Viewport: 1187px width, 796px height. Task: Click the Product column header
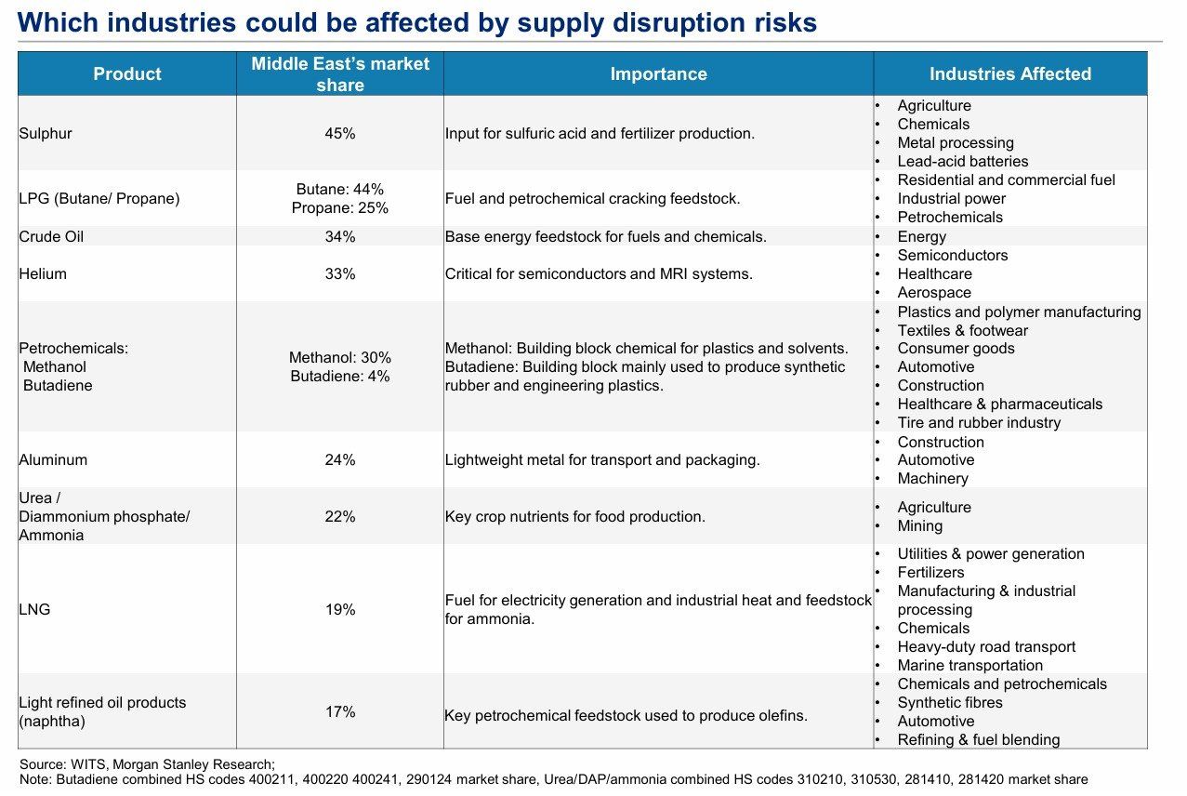tap(127, 74)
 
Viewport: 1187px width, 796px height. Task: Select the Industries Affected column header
tap(1010, 74)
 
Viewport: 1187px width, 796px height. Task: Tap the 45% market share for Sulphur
tap(340, 134)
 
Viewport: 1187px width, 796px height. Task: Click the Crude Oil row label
tap(51, 237)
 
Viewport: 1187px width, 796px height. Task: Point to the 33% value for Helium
tap(340, 274)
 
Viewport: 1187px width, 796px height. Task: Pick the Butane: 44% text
tap(340, 190)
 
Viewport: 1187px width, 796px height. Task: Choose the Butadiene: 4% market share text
tap(340, 377)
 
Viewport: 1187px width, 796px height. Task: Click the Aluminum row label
tap(53, 460)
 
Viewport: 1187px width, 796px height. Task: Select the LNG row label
tap(34, 610)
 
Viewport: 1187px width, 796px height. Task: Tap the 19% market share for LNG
tap(340, 610)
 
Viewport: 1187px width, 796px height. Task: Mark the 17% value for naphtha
tap(340, 712)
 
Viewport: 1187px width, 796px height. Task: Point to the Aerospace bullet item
tap(934, 293)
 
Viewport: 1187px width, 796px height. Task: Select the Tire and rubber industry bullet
tap(979, 423)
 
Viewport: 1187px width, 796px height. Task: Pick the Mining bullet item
tap(919, 526)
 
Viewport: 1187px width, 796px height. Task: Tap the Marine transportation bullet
tap(969, 666)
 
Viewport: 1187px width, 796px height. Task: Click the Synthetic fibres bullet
tap(949, 703)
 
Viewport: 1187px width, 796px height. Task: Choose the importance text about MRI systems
tap(599, 274)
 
